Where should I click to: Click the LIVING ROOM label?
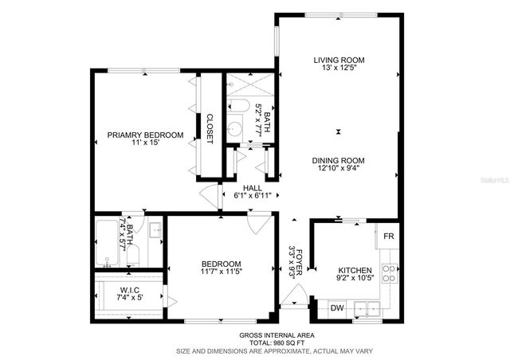tap(339, 60)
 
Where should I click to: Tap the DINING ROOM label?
tap(339, 159)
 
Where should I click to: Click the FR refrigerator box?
tap(388, 237)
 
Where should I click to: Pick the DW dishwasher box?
tap(336, 307)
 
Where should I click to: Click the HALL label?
tap(252, 188)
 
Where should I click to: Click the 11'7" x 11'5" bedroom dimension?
tap(221, 272)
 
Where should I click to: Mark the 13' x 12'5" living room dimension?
tap(339, 69)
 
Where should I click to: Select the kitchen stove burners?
tap(388, 273)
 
